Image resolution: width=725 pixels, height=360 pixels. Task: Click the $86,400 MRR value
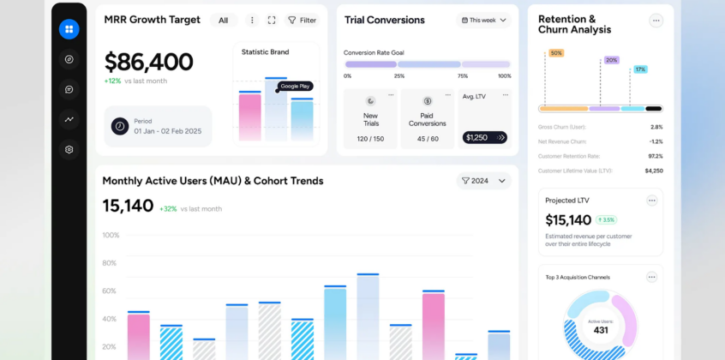click(148, 62)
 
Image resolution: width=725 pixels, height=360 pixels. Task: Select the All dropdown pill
click(224, 20)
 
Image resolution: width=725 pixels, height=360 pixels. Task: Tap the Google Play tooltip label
click(296, 86)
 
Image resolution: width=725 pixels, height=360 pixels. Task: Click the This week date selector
click(484, 20)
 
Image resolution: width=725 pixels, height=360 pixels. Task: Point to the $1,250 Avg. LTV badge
click(476, 137)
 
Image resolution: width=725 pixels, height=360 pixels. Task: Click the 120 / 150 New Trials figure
click(370, 139)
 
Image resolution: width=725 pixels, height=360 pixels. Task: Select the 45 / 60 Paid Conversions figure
click(428, 139)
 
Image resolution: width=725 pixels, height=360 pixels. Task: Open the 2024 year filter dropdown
click(485, 181)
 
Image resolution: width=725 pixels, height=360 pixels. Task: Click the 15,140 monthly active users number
click(128, 206)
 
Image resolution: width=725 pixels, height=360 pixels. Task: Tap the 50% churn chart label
click(556, 53)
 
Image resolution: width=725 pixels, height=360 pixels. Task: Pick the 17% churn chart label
click(640, 69)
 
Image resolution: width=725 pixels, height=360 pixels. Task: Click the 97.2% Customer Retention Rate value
click(655, 156)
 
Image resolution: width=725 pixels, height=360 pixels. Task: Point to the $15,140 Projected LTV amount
click(568, 220)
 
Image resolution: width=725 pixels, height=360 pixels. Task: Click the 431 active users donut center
click(601, 330)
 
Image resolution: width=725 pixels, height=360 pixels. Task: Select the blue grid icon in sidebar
click(69, 29)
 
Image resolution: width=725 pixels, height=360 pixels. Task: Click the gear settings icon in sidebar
click(69, 149)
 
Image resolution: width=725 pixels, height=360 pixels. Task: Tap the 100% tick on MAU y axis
click(111, 235)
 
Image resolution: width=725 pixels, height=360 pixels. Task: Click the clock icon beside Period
click(120, 126)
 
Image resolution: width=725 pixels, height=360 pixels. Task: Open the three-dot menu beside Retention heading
click(656, 21)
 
